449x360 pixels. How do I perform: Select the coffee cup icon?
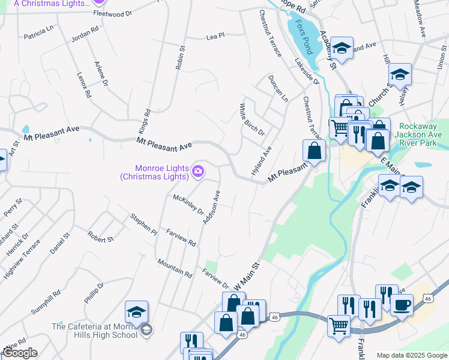(x=402, y=305)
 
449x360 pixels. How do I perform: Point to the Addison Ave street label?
(x=212, y=208)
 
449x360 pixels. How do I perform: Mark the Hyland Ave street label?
(x=262, y=161)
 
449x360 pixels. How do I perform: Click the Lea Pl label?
(x=215, y=37)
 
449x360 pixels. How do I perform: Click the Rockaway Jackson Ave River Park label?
(x=420, y=139)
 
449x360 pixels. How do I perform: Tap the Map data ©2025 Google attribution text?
(x=411, y=355)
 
